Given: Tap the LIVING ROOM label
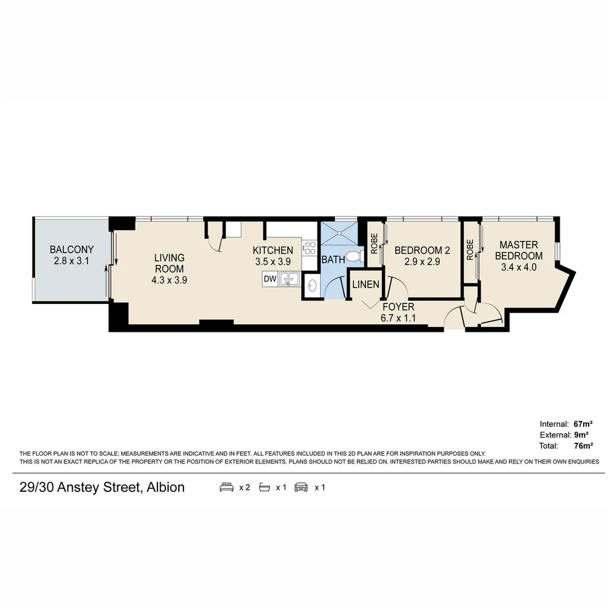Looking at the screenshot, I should click(x=169, y=263).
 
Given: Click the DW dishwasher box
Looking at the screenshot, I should click(x=270, y=279).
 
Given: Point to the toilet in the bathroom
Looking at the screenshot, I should click(x=354, y=257).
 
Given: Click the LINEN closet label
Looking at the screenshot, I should click(x=365, y=284).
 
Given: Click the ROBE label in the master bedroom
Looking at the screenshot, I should click(x=470, y=250).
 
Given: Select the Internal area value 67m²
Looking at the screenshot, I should click(x=582, y=423).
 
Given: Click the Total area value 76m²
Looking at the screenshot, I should click(x=582, y=446).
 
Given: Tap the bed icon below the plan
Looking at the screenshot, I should click(x=227, y=487).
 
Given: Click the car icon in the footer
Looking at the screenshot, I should click(x=302, y=487).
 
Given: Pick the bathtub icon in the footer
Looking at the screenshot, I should click(x=264, y=487).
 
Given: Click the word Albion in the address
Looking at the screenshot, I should click(x=165, y=487).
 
